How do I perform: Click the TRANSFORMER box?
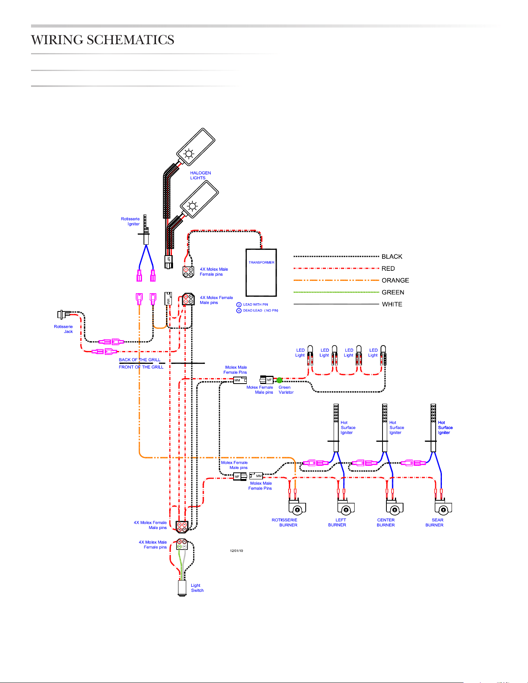coord(261,273)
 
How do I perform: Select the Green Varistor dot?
coord(279,380)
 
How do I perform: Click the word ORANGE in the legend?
coord(395,280)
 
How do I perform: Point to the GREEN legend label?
coord(393,292)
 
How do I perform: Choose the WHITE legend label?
coord(392,304)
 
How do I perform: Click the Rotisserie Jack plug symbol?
coord(64,314)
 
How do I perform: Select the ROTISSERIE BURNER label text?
coord(284,522)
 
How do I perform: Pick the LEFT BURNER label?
coord(337,522)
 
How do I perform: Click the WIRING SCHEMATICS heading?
coord(102,40)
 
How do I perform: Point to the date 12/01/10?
coord(236,551)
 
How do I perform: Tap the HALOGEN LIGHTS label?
coord(200,175)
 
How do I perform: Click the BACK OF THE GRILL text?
coord(140,360)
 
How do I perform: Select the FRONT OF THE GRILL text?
coord(141,367)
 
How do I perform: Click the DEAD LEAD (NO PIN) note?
coord(260,311)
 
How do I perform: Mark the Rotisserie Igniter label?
coord(130,221)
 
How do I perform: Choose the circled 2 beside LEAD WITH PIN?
coord(239,304)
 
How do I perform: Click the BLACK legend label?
coord(392,257)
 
